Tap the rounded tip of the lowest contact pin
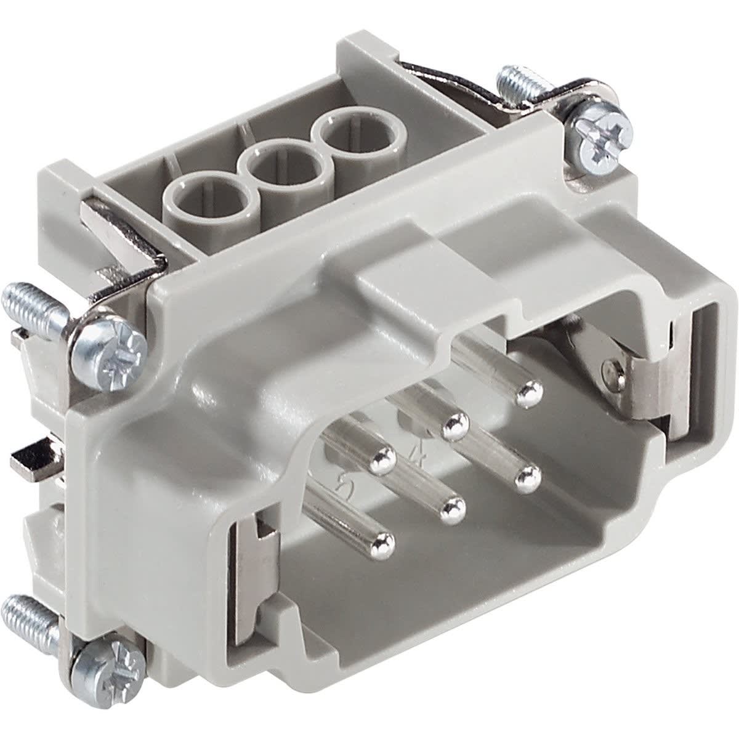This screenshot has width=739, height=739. pyautogui.click(x=382, y=542)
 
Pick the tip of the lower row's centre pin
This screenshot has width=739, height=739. pyautogui.click(x=453, y=508)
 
